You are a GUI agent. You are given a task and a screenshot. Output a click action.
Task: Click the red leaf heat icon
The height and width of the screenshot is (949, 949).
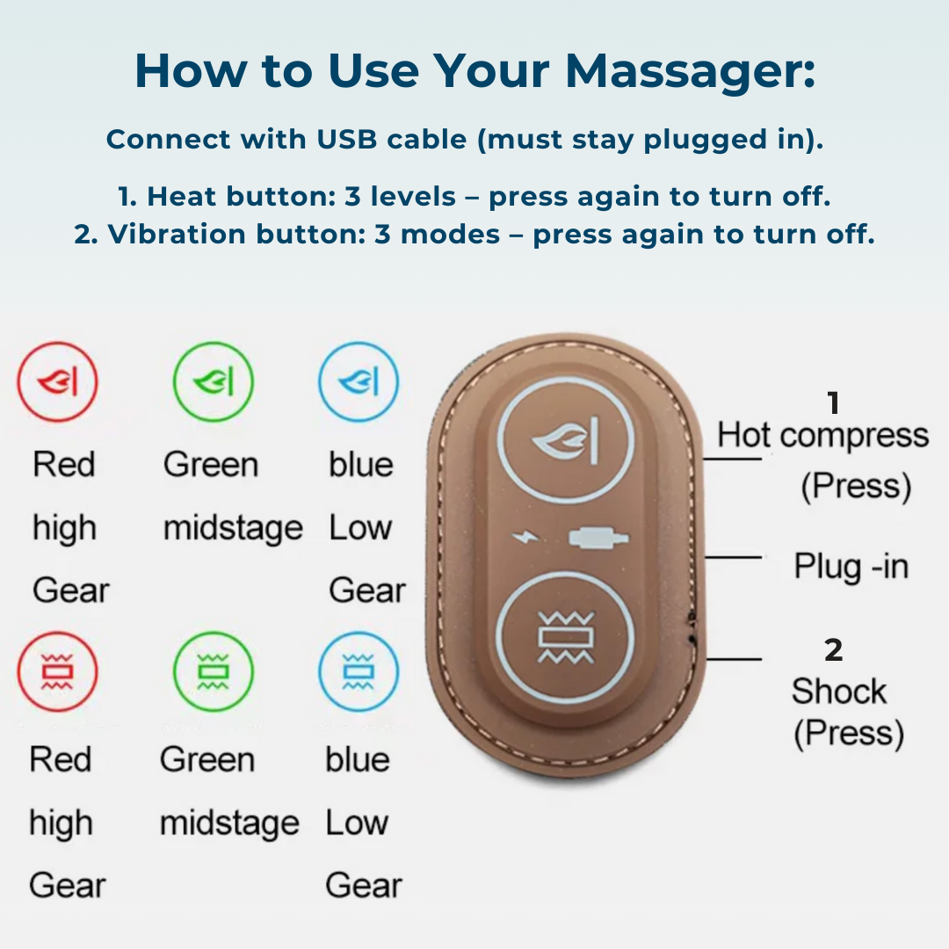[57, 382]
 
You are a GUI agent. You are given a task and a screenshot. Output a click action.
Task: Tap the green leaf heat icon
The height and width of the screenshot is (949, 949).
[213, 382]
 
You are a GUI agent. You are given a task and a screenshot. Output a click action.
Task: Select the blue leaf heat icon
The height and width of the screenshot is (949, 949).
[359, 382]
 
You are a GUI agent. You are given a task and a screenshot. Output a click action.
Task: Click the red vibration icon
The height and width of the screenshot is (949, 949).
[57, 672]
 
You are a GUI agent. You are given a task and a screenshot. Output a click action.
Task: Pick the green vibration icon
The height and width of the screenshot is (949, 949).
[213, 672]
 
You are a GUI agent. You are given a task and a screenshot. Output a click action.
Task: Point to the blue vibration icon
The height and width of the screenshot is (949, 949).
[359, 672]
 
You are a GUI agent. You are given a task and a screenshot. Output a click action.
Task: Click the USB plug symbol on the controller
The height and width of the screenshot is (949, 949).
[598, 538]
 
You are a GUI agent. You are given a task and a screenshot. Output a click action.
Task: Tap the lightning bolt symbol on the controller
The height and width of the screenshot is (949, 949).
[525, 537]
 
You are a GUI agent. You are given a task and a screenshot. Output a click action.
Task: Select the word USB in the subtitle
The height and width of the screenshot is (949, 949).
[347, 139]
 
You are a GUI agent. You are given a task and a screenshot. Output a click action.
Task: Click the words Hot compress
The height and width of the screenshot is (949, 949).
[822, 436]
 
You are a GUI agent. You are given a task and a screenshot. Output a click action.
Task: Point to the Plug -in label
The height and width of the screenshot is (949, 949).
[851, 567]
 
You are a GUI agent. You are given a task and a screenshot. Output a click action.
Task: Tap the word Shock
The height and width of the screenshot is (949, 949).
[839, 692]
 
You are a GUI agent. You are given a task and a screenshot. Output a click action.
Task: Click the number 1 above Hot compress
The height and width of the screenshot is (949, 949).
[833, 402]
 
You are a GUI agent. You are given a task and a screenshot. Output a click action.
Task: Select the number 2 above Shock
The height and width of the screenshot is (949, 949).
[833, 650]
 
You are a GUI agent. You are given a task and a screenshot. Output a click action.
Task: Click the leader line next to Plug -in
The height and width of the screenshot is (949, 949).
[733, 557]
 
